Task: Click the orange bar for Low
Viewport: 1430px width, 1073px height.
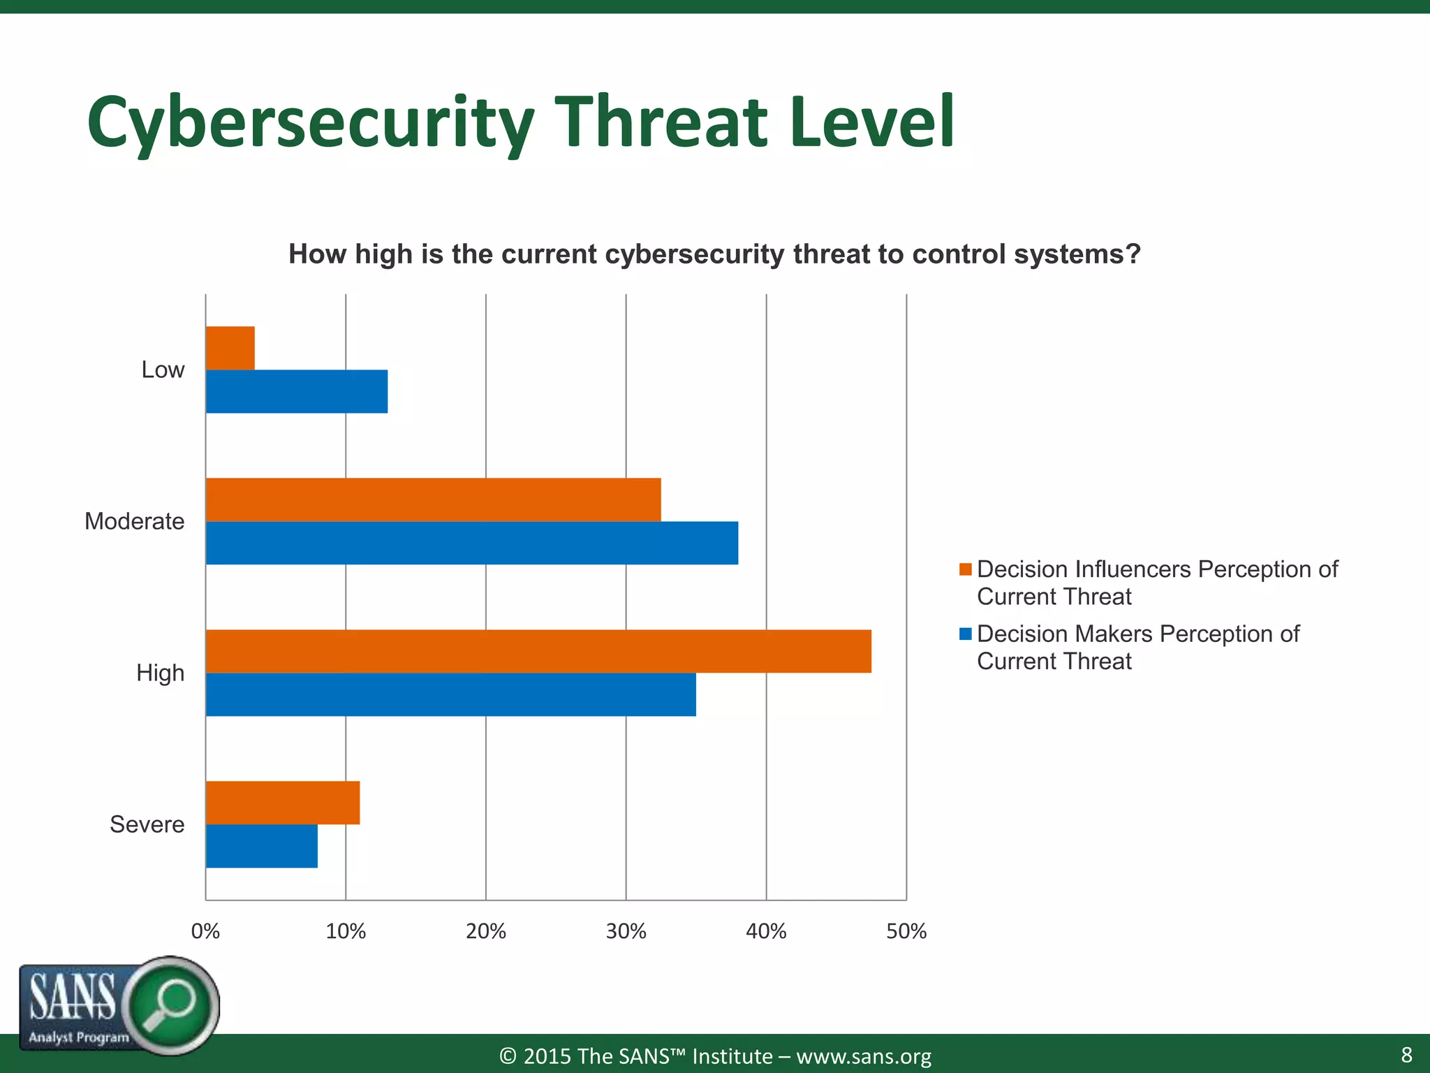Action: click(x=230, y=348)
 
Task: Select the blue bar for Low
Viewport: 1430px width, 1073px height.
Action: click(x=297, y=391)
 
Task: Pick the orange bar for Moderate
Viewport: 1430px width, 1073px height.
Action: click(x=433, y=499)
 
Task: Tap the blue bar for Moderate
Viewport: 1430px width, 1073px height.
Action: click(x=472, y=543)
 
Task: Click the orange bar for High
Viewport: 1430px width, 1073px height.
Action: click(x=538, y=651)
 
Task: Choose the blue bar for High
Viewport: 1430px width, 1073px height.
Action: click(x=451, y=694)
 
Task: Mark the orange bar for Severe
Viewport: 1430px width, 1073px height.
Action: click(x=283, y=803)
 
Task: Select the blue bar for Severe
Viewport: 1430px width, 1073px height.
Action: click(x=262, y=846)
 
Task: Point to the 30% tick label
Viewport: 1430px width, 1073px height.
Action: click(x=626, y=931)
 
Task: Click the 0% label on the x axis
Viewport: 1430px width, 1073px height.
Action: click(x=205, y=931)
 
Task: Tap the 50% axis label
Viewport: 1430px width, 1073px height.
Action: click(x=906, y=931)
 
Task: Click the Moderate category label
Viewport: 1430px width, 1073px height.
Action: click(x=134, y=521)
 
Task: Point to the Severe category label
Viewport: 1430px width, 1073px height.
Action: click(x=147, y=824)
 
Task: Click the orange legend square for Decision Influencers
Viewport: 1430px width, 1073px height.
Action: click(x=966, y=569)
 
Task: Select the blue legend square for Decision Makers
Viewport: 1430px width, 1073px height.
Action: click(x=966, y=634)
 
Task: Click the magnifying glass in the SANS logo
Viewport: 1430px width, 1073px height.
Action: click(x=170, y=1005)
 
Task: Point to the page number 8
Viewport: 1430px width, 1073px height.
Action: click(x=1406, y=1054)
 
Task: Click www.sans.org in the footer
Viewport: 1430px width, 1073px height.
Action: click(x=864, y=1056)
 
